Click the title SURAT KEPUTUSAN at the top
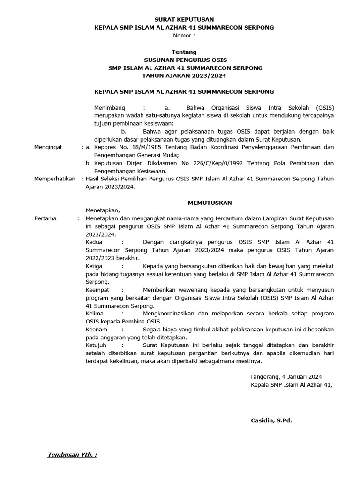[x=184, y=19]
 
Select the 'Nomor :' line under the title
[x=184, y=36]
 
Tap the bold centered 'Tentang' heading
[x=184, y=52]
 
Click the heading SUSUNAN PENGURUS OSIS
[x=184, y=60]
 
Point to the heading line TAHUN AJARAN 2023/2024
[x=184, y=76]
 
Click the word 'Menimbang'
[x=110, y=107]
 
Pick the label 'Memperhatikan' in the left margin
[x=55, y=179]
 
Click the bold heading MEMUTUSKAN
[x=210, y=202]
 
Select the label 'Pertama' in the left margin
[x=45, y=218]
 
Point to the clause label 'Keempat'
[x=97, y=290]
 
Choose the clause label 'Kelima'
[x=95, y=314]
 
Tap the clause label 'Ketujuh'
[x=97, y=345]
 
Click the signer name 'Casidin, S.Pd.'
[x=271, y=420]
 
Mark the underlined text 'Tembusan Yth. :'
[x=72, y=455]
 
